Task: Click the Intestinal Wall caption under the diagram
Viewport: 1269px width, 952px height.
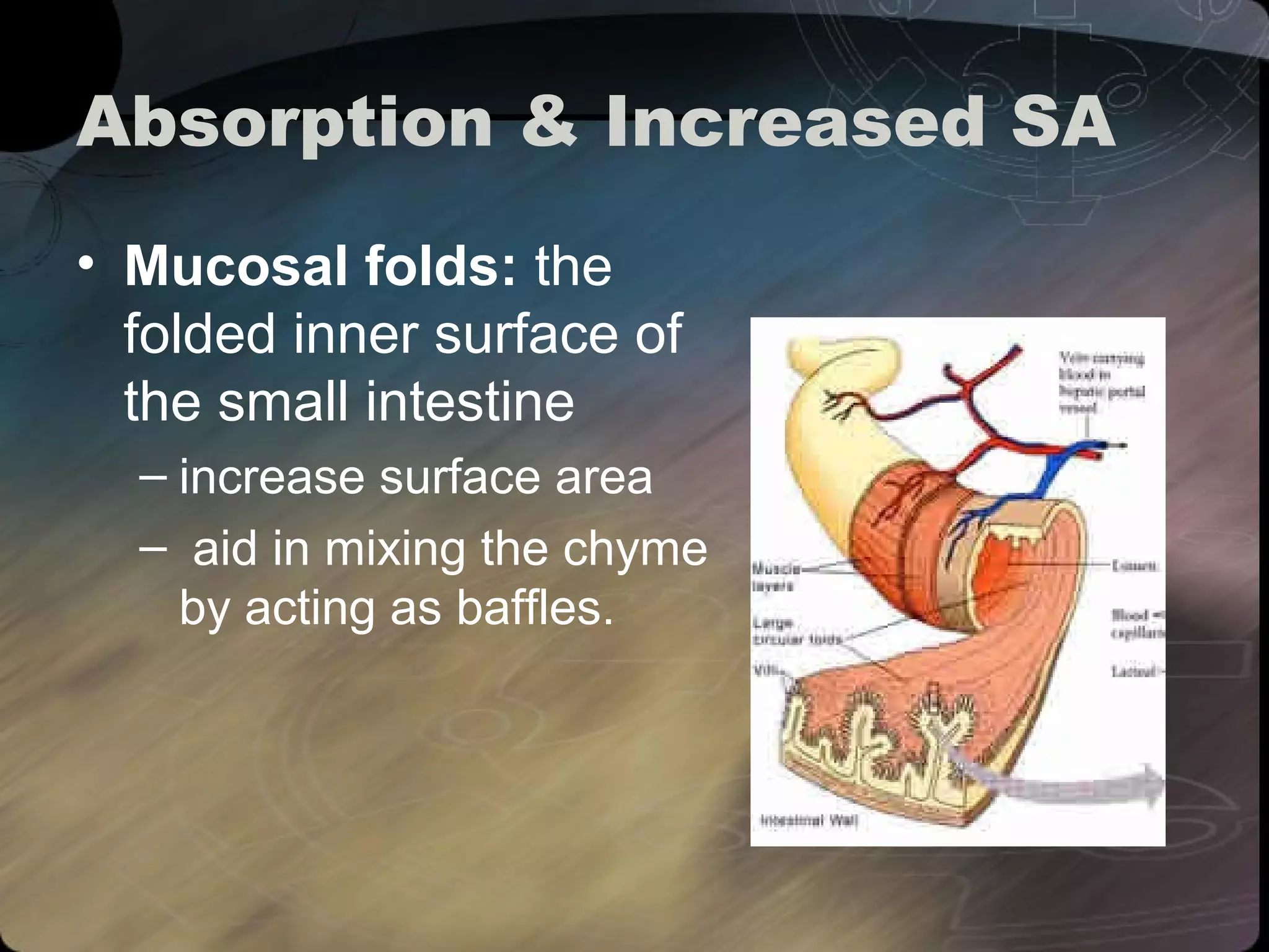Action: point(809,821)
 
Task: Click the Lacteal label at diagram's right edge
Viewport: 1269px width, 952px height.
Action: point(1135,671)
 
